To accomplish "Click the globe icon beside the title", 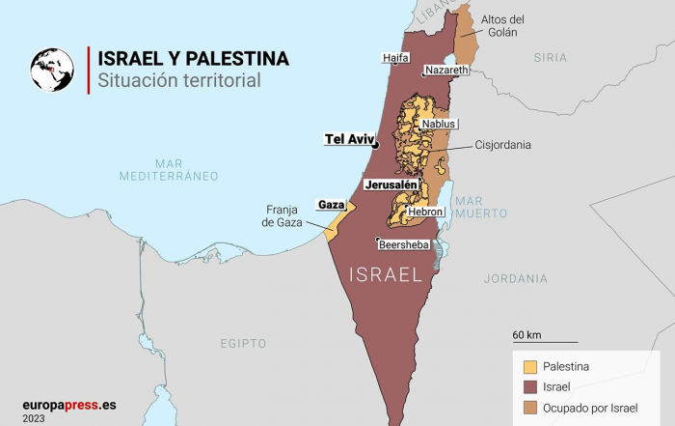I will click(52, 69).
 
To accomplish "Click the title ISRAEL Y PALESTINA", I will click(193, 58).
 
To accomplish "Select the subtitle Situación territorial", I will click(178, 81).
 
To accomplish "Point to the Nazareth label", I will click(446, 71).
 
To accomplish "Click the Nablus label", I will click(439, 124).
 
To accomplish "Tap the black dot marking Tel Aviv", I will click(376, 145).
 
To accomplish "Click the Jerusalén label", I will click(391, 184).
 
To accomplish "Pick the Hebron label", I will click(425, 211).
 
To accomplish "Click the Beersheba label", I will click(404, 245).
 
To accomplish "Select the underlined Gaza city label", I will click(331, 205).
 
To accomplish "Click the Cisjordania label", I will click(502, 146).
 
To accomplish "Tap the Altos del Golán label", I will click(501, 25).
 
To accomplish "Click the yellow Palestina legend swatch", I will click(529, 366).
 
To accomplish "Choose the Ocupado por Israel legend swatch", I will click(529, 408).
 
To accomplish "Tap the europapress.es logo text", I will click(69, 405).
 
